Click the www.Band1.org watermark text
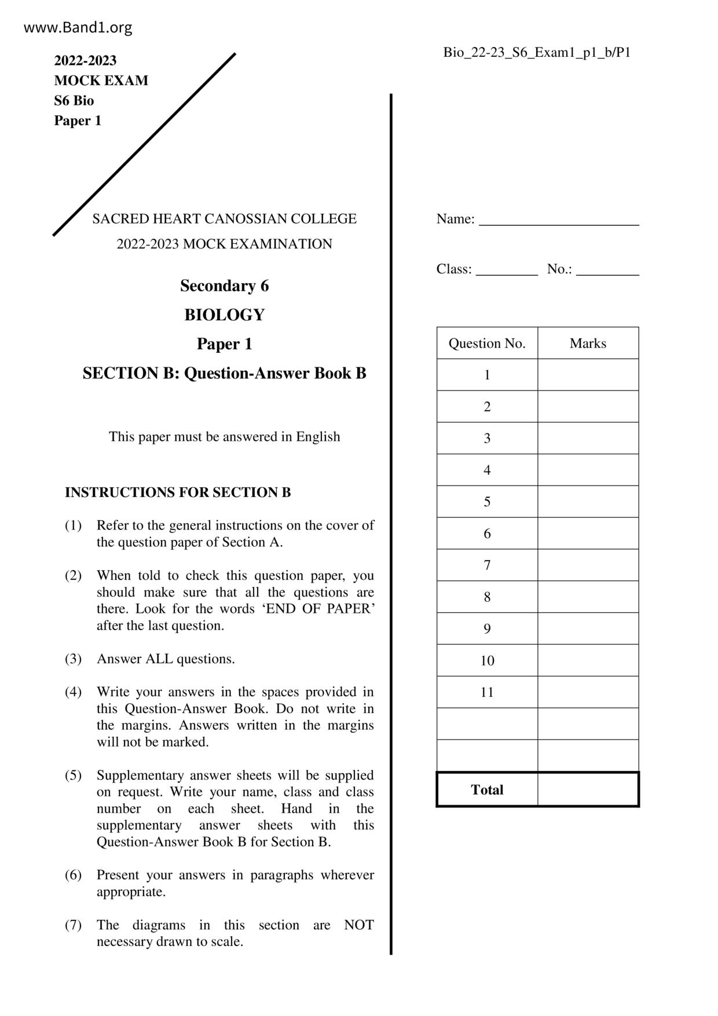[78, 27]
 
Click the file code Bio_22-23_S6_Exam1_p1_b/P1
[537, 53]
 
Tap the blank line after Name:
[559, 220]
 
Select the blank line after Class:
[507, 270]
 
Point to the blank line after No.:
[607, 270]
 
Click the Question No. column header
[487, 343]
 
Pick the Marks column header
[588, 343]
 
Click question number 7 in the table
[487, 565]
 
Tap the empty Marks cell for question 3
[588, 438]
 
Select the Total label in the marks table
[487, 790]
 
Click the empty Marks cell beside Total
[588, 790]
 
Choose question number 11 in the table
[487, 692]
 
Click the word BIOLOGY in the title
[224, 315]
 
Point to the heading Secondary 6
[224, 286]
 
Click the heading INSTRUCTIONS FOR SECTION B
[178, 492]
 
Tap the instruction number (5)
[73, 776]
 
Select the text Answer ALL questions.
[166, 659]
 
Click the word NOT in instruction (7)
[358, 925]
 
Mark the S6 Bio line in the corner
[74, 101]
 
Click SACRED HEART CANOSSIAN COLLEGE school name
[224, 219]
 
